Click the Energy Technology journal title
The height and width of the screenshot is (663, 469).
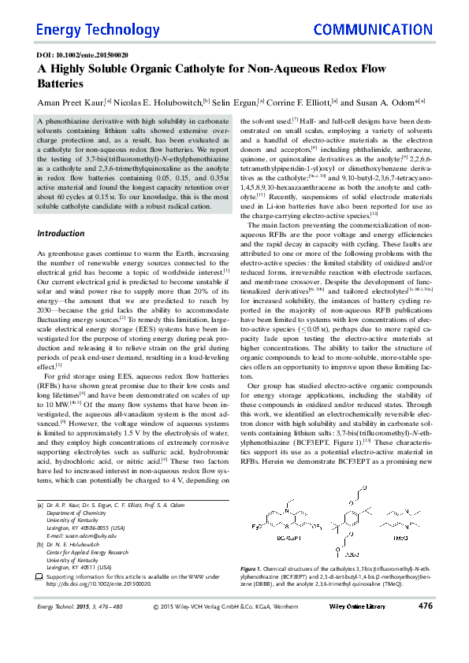(x=87, y=30)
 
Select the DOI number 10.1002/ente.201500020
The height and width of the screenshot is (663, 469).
(x=95, y=56)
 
